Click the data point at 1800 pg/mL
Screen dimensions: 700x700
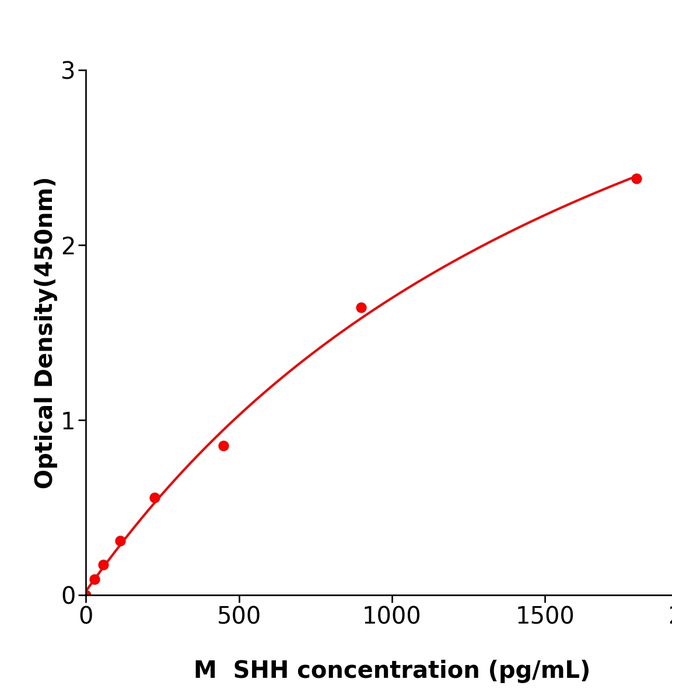coord(636,179)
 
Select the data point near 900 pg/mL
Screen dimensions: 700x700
coord(361,308)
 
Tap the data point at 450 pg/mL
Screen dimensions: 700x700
coord(223,446)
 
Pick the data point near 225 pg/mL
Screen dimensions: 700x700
coord(155,498)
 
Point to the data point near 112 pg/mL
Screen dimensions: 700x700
coord(120,541)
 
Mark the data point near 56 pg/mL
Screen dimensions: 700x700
coord(103,565)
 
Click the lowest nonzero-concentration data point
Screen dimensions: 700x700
coord(94,580)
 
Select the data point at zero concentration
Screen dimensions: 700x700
coord(86,594)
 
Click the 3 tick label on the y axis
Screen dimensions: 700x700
coord(68,71)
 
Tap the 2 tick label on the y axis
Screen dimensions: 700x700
coord(68,246)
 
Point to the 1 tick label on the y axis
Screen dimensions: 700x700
coord(68,421)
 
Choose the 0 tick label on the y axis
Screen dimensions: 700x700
coord(68,596)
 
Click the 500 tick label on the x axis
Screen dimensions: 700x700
coord(239,617)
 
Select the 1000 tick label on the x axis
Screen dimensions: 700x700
coord(392,617)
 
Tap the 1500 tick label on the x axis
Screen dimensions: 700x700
coord(545,617)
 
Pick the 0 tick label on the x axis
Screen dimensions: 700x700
coord(86,617)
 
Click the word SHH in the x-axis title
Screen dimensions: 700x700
coord(263,671)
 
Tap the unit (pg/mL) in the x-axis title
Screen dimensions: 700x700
coord(540,671)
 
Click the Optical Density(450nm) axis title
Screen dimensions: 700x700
coord(44,333)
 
